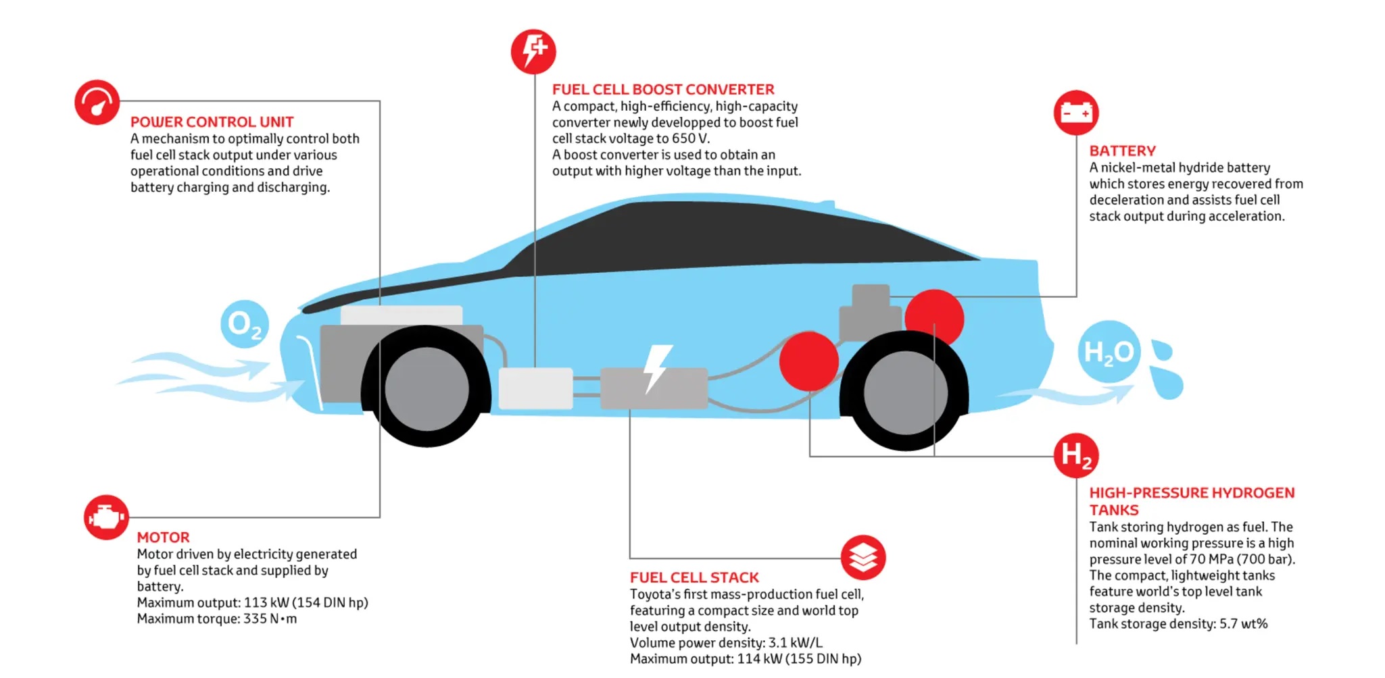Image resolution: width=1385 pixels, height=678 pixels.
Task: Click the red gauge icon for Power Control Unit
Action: tap(97, 103)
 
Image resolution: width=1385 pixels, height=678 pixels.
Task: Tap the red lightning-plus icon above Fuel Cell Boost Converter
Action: tap(533, 51)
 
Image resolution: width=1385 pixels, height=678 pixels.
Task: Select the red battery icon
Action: tap(1076, 112)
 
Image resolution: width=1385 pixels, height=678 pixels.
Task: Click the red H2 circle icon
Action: tap(1076, 455)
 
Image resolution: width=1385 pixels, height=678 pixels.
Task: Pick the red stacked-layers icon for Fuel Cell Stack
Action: tap(863, 558)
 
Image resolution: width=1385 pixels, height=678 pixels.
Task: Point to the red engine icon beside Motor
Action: tap(106, 517)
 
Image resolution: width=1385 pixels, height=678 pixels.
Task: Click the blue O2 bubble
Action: tap(245, 324)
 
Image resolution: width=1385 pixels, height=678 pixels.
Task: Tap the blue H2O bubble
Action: tap(1109, 352)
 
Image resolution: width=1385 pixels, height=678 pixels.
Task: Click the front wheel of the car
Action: tap(427, 388)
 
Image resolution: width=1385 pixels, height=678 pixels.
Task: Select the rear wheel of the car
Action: tap(905, 392)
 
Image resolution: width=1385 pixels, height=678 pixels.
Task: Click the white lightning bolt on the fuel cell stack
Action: tap(656, 368)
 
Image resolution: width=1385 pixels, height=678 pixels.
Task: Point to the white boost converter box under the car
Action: tap(535, 388)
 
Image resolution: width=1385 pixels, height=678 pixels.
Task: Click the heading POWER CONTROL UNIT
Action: tap(212, 122)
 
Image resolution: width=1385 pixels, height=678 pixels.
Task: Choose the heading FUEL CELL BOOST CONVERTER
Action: tap(663, 89)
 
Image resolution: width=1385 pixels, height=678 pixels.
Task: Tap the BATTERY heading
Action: tap(1122, 151)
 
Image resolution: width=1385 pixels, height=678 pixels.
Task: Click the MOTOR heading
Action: tap(163, 538)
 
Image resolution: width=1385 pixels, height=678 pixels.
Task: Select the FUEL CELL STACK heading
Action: tap(694, 577)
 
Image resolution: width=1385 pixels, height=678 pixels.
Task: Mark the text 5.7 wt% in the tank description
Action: tap(1243, 624)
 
